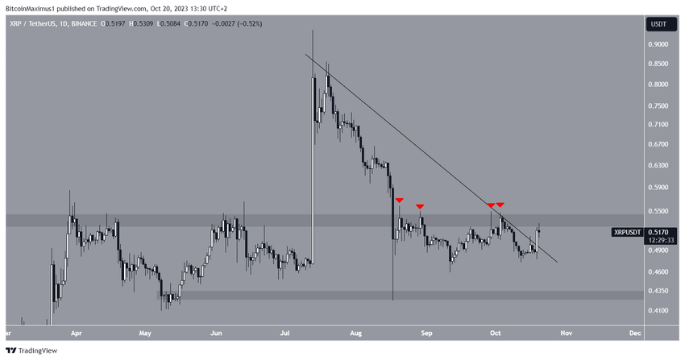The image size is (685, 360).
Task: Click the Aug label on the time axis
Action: tap(357, 332)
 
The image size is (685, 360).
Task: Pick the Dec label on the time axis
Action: tap(634, 332)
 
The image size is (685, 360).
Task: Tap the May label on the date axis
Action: tap(145, 332)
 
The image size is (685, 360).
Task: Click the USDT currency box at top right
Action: tap(660, 24)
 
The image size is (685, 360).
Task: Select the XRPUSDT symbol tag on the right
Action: tap(628, 232)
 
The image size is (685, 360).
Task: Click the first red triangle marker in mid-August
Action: tap(399, 200)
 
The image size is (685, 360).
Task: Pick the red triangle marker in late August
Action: tap(420, 207)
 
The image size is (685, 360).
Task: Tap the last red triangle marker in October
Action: tap(500, 205)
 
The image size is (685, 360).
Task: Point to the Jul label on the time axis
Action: tap(286, 332)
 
